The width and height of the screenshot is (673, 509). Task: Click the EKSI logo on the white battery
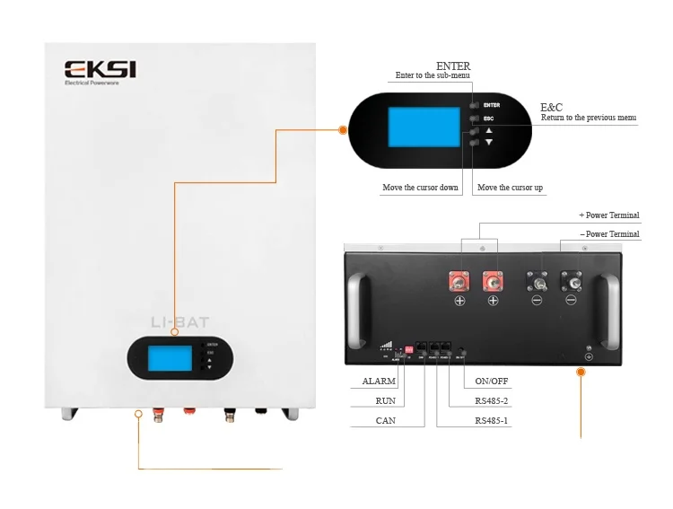pyautogui.click(x=99, y=70)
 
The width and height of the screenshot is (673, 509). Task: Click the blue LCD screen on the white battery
pyautogui.click(x=168, y=359)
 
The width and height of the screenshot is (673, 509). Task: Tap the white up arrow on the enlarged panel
pyautogui.click(x=489, y=131)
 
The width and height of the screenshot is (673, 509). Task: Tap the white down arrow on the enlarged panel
pyautogui.click(x=489, y=143)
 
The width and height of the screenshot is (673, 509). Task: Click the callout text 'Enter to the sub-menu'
pyautogui.click(x=433, y=76)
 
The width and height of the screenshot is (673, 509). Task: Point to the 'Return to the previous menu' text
pyautogui.click(x=589, y=118)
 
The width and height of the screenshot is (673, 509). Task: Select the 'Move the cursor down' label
pyautogui.click(x=421, y=188)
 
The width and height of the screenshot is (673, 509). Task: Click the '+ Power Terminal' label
pyautogui.click(x=610, y=215)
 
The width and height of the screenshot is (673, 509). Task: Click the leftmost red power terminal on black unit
pyautogui.click(x=458, y=281)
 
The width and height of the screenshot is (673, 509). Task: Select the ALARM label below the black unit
pyautogui.click(x=378, y=382)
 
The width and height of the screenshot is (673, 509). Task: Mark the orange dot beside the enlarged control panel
pyautogui.click(x=342, y=130)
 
